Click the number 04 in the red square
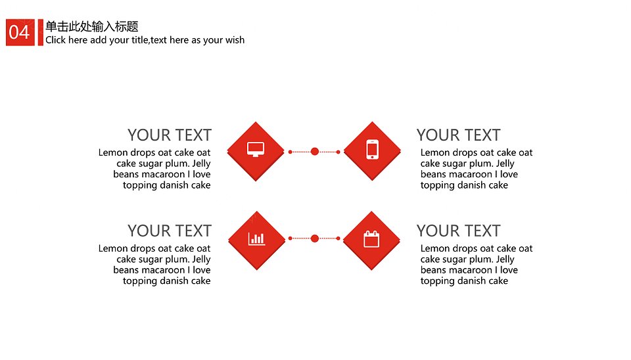[19, 32]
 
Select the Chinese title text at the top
[92, 26]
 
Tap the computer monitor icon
[256, 149]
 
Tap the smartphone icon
[372, 149]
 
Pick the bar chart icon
[257, 238]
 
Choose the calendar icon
[371, 238]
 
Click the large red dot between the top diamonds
[315, 151]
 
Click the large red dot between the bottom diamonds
[315, 238]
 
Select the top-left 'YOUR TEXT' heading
[170, 135]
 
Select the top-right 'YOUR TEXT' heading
[458, 135]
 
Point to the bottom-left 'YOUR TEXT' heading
[170, 231]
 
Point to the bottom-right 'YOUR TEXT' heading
[458, 231]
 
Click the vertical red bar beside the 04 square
[40, 32]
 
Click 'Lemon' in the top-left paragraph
[113, 152]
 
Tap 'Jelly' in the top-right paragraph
[505, 164]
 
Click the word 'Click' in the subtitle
[55, 40]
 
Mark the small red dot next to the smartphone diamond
[338, 152]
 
